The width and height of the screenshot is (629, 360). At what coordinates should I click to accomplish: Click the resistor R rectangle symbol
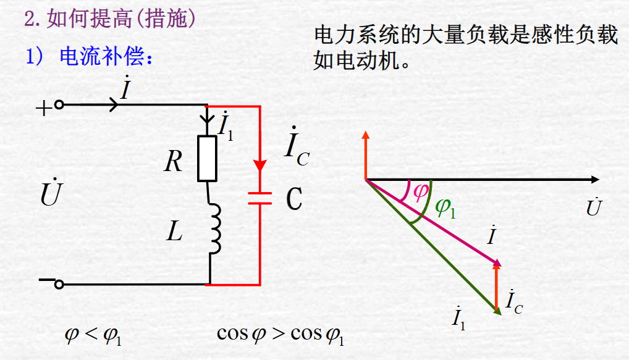coord(207,158)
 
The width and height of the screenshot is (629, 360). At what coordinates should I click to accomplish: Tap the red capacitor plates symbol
coord(260,198)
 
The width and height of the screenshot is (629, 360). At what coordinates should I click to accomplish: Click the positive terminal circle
coord(59,105)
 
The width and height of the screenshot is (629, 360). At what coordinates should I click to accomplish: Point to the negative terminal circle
coord(59,284)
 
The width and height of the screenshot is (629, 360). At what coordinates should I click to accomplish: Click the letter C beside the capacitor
coord(295,198)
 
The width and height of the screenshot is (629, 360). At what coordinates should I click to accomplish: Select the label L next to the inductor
coord(175,232)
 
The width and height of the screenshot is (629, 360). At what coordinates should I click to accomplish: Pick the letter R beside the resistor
coord(174,162)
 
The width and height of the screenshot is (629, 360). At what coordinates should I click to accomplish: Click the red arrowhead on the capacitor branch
coord(260,166)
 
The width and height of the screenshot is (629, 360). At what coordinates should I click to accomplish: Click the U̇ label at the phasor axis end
coord(593,207)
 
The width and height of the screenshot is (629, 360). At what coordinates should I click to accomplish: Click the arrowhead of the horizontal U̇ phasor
coord(594,180)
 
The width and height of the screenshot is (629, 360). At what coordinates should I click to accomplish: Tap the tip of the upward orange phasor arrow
coord(366,134)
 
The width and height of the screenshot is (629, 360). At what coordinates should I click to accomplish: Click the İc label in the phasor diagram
coord(514,301)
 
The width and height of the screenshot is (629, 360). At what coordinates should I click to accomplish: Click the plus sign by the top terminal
coord(43,109)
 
